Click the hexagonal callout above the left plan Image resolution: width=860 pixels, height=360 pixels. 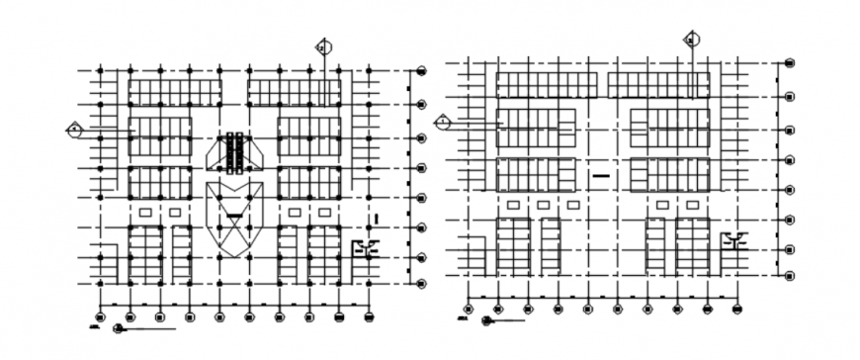(322, 45)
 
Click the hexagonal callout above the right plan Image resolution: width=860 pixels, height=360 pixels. (690, 40)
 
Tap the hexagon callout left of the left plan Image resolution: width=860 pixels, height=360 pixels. (74, 129)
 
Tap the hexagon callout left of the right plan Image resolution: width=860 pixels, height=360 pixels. (443, 121)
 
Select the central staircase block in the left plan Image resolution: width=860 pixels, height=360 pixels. (234, 153)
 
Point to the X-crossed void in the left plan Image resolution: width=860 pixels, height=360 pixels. (234, 224)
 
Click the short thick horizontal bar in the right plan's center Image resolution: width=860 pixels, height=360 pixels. (602, 175)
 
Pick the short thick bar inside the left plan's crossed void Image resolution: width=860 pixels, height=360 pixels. (234, 216)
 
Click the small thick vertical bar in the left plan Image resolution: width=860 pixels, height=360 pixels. (377, 218)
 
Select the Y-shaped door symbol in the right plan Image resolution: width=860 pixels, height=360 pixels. (734, 239)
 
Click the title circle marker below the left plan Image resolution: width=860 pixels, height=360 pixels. (118, 327)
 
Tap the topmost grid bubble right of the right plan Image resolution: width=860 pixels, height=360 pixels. (790, 63)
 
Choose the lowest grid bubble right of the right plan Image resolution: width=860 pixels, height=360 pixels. (790, 277)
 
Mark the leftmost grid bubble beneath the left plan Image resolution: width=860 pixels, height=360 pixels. (102, 316)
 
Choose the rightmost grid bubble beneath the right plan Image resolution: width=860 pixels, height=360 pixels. (737, 309)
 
